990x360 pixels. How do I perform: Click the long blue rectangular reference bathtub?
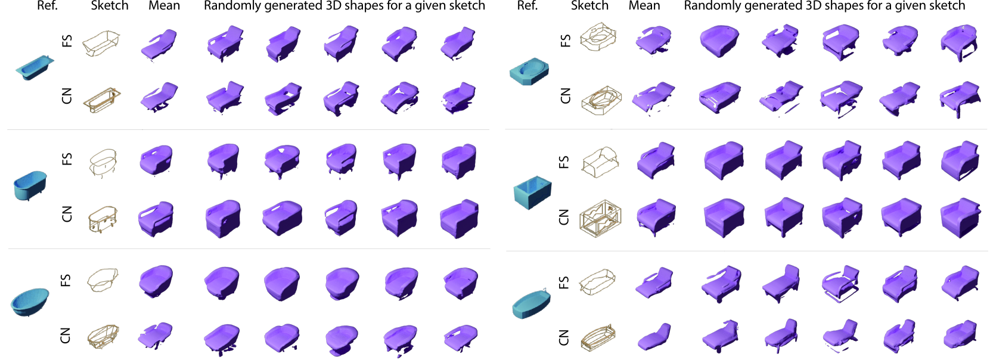click(x=35, y=67)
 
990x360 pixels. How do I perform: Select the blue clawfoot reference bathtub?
click(x=30, y=186)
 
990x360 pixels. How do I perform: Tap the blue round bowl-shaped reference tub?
click(x=30, y=302)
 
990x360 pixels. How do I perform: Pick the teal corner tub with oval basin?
click(x=529, y=71)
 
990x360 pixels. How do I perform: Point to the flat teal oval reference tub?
click(x=531, y=303)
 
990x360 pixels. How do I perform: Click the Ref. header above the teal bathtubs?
click(x=527, y=6)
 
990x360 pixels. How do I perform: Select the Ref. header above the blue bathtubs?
click(x=47, y=6)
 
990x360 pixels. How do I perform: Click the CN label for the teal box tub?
click(x=563, y=218)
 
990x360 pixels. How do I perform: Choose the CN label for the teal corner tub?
click(x=565, y=95)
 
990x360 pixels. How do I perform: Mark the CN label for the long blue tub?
click(x=66, y=96)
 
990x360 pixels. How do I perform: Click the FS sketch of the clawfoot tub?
click(x=103, y=163)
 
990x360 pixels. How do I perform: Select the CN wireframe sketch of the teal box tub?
click(x=600, y=218)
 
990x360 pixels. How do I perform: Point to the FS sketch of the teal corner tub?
click(x=598, y=36)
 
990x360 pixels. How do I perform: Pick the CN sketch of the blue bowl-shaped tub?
click(x=103, y=337)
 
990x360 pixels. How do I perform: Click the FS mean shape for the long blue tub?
click(x=159, y=44)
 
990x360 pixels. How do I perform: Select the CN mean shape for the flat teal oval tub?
click(x=654, y=337)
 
